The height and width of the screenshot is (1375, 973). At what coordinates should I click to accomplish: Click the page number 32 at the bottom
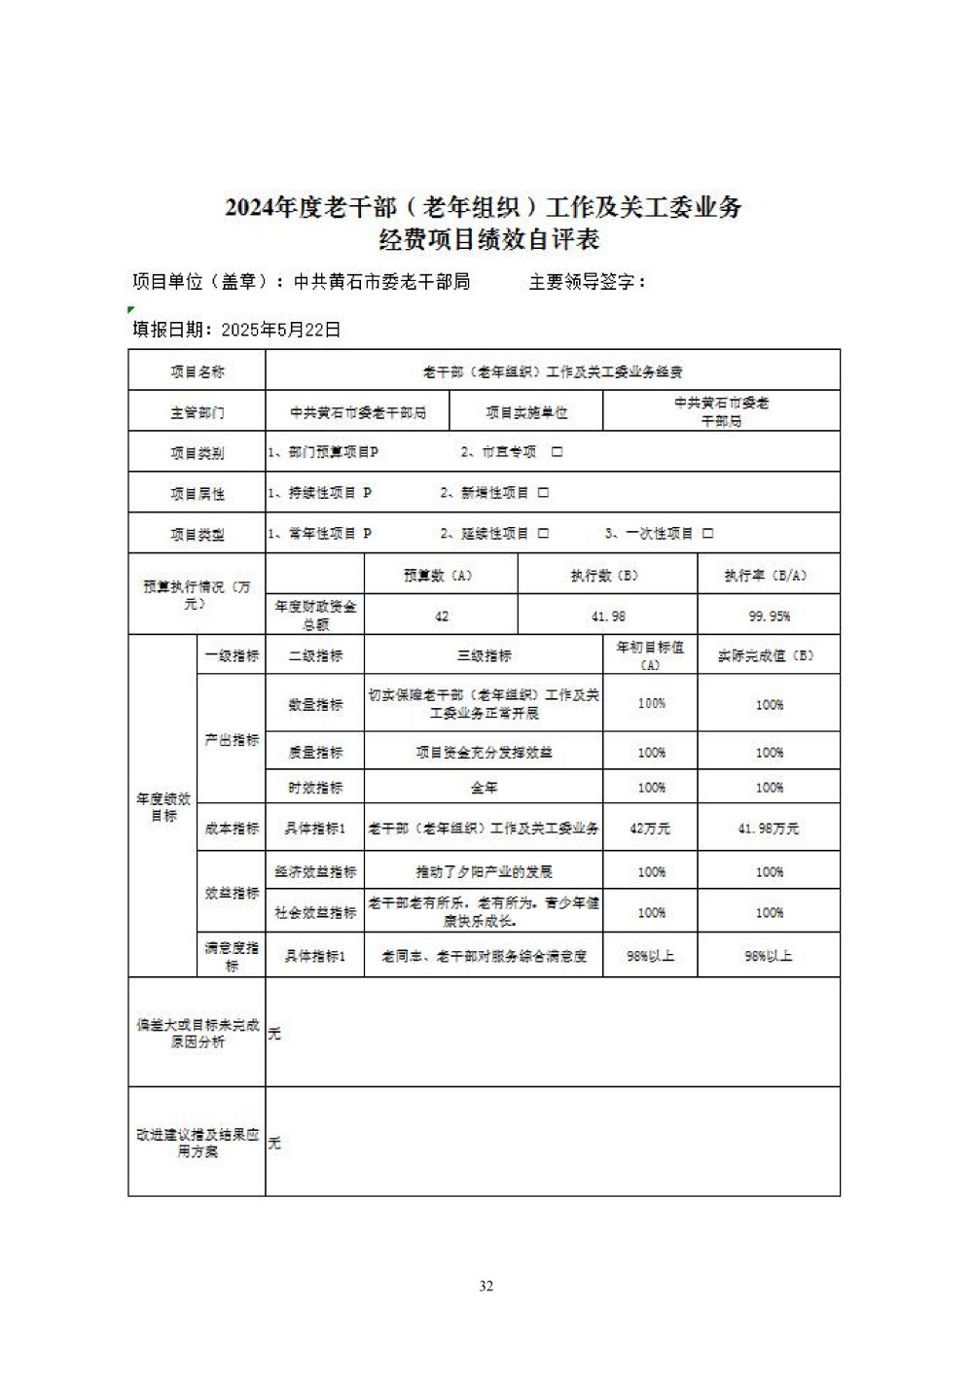(x=486, y=1287)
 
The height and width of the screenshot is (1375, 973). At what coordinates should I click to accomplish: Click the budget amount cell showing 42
(x=442, y=617)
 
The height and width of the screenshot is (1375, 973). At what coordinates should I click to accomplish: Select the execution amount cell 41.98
(x=608, y=617)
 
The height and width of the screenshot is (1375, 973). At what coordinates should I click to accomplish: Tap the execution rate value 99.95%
(x=770, y=617)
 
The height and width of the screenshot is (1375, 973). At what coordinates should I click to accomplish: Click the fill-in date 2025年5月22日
(x=281, y=330)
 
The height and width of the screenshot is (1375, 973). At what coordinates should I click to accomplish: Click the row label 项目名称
(x=197, y=371)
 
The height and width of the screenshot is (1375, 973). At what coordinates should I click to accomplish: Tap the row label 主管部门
(x=197, y=412)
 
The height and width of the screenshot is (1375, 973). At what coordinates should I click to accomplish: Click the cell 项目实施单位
(x=526, y=412)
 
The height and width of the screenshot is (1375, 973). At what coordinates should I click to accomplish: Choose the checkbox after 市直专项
(x=558, y=452)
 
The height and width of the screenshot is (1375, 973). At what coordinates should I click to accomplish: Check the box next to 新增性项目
(x=544, y=493)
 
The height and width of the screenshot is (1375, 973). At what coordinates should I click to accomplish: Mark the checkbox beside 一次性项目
(x=708, y=534)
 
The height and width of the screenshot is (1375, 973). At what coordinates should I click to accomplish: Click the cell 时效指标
(x=315, y=788)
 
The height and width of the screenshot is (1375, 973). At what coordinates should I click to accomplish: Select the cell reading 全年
(x=484, y=788)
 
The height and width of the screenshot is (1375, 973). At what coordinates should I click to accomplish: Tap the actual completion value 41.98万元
(x=769, y=829)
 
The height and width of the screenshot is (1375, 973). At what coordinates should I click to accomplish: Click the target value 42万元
(x=650, y=829)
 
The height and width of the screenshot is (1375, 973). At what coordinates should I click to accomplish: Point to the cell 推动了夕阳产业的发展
(x=484, y=872)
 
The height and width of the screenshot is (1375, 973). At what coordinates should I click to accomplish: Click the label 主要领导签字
(x=587, y=282)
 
